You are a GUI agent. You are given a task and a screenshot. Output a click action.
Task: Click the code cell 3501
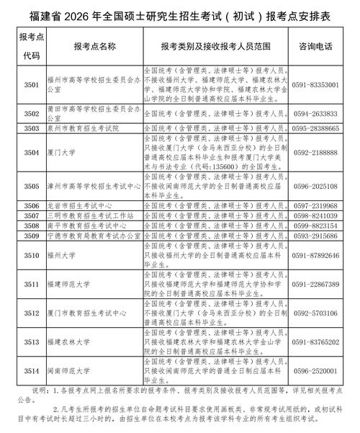pos(31,84)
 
